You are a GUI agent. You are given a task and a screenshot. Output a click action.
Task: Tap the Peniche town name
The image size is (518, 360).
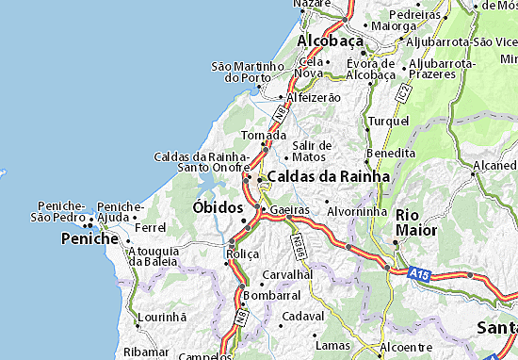pyautogui.click(x=90, y=239)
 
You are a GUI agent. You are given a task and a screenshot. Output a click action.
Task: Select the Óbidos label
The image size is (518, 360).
pyautogui.click(x=219, y=206)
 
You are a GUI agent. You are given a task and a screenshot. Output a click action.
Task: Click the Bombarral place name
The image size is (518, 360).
pyautogui.click(x=271, y=295)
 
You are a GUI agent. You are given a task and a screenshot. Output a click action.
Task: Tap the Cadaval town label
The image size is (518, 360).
pyautogui.click(x=303, y=316)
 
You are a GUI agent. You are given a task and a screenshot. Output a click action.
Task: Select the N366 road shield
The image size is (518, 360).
pyautogui.click(x=299, y=243)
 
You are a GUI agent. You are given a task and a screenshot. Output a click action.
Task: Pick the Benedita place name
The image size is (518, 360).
pyautogui.click(x=391, y=152)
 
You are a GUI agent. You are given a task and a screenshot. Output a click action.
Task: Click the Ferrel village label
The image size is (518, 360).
pyautogui.click(x=151, y=227)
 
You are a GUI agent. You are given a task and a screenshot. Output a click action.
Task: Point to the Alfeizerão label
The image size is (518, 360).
pyautogui.click(x=314, y=96)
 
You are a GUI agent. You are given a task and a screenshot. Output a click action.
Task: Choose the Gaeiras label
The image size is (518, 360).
pyautogui.click(x=289, y=208)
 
